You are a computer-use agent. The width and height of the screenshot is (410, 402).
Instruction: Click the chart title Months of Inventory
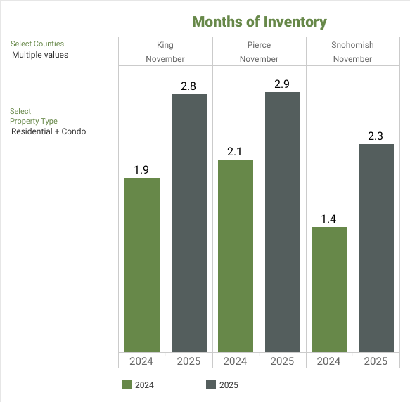pyautogui.click(x=260, y=22)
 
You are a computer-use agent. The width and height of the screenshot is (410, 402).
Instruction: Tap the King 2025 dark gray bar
pyautogui.click(x=189, y=223)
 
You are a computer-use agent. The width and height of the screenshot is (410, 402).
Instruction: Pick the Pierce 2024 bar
pyautogui.click(x=236, y=255)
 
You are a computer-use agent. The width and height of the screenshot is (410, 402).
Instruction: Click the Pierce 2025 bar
pyautogui.click(x=283, y=221)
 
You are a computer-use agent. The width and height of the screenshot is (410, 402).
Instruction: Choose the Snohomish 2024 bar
pyautogui.click(x=329, y=289)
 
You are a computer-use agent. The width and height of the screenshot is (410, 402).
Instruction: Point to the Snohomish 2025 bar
pyautogui.click(x=376, y=247)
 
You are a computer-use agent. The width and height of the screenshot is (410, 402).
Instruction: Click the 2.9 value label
pyautogui.click(x=283, y=83)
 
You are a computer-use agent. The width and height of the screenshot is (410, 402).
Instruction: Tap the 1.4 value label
pyautogui.click(x=329, y=218)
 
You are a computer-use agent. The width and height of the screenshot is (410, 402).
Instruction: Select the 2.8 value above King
pyautogui.click(x=189, y=85)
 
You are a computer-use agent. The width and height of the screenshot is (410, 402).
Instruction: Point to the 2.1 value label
pyautogui.click(x=236, y=150)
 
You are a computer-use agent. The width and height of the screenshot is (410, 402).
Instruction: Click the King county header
pyautogui.click(x=165, y=45)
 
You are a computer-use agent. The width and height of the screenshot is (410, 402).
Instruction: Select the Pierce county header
pyautogui.click(x=259, y=45)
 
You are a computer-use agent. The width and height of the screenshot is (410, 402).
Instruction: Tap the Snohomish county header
pyautogui.click(x=352, y=45)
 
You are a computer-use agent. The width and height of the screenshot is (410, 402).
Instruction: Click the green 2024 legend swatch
pyautogui.click(x=127, y=384)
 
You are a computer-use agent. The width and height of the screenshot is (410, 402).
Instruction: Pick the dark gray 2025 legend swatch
pyautogui.click(x=211, y=384)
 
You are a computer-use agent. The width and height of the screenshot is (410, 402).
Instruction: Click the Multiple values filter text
pyautogui.click(x=40, y=55)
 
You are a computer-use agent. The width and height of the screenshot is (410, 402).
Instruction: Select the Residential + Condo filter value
pyautogui.click(x=49, y=131)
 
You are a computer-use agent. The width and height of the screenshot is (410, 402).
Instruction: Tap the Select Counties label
pyautogui.click(x=37, y=44)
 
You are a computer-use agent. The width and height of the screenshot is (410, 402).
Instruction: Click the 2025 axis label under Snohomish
pyautogui.click(x=376, y=361)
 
